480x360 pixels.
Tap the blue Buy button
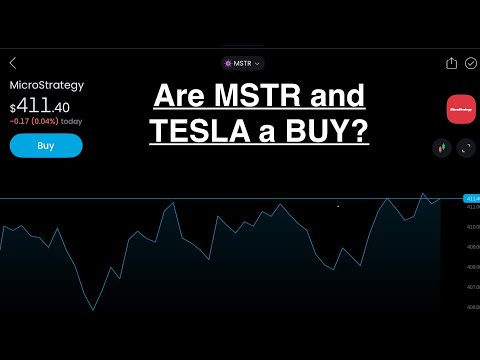click(46, 146)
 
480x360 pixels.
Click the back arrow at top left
click(13, 63)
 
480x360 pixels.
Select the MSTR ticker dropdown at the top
click(242, 63)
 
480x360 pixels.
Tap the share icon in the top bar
click(452, 63)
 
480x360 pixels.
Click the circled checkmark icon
click(471, 63)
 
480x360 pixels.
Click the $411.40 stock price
click(39, 106)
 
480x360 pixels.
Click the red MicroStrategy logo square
click(460, 111)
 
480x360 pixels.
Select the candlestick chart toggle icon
click(441, 147)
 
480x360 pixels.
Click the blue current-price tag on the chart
click(472, 199)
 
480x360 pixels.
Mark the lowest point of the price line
click(93, 310)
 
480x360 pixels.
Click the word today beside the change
click(71, 121)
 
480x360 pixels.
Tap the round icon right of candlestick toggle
click(466, 147)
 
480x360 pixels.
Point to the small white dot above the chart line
click(338, 206)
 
